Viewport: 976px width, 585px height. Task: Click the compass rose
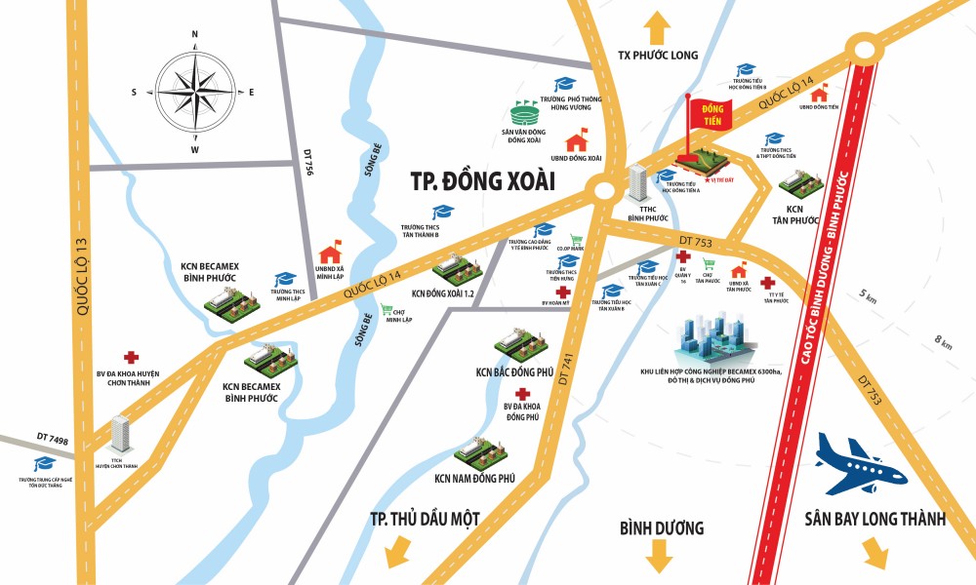[194, 92]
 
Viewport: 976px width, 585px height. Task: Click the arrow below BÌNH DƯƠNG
[659, 558]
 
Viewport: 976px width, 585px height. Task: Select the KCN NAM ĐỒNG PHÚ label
[474, 479]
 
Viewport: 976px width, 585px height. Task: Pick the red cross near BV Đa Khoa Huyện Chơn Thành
[130, 358]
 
